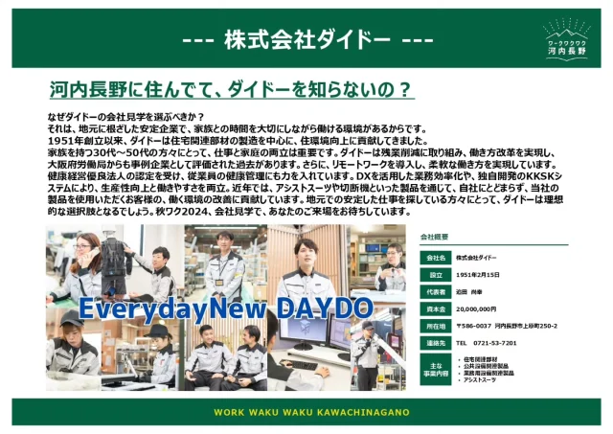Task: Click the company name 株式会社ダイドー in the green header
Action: [x=306, y=40]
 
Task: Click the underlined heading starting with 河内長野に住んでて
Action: [x=231, y=91]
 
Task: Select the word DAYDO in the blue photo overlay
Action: [x=323, y=308]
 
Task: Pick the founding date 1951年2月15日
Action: [x=480, y=275]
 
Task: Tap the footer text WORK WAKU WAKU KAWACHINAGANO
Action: [x=306, y=412]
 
